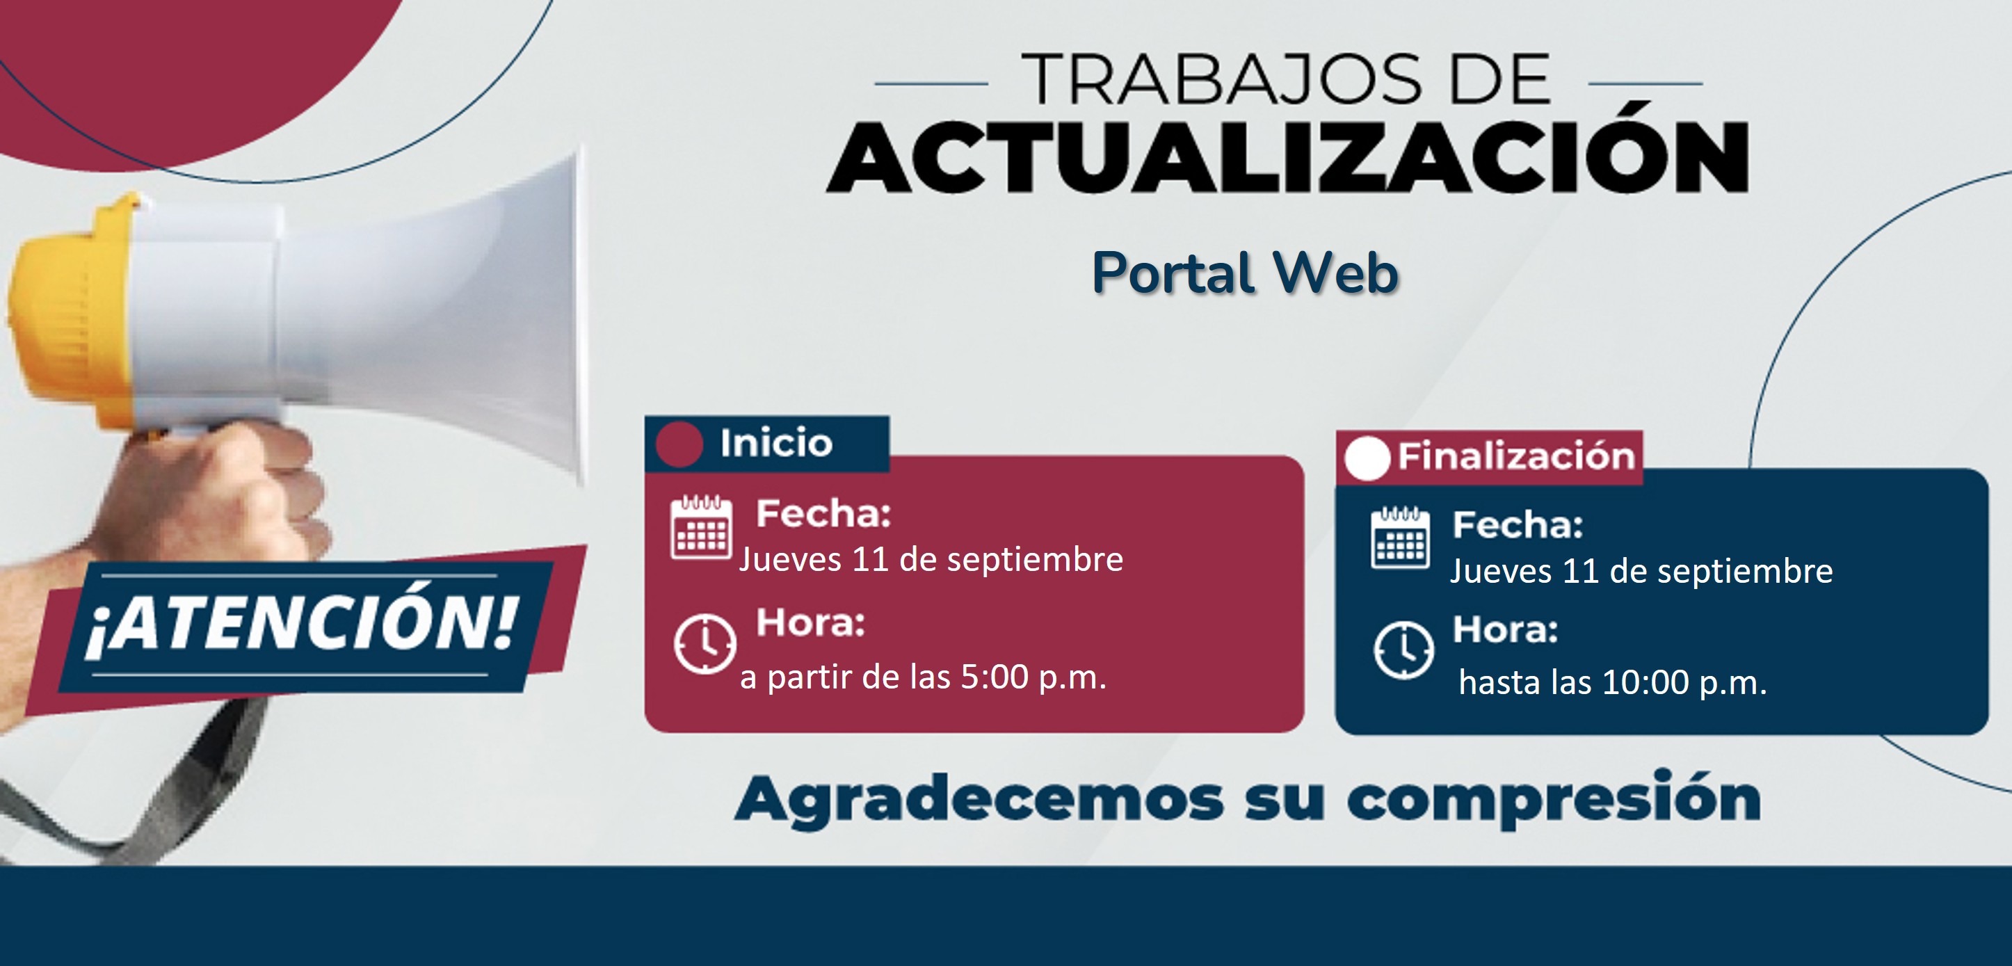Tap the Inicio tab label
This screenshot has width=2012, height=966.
(776, 443)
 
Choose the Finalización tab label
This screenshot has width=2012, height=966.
(1516, 456)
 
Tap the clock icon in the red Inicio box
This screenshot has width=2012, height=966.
(705, 643)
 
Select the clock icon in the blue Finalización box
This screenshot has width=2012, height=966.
(1403, 650)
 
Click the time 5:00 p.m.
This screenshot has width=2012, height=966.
(1033, 677)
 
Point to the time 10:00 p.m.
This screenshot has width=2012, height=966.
(1684, 682)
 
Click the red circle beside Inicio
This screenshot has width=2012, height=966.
(679, 444)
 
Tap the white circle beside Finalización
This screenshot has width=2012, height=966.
(1367, 458)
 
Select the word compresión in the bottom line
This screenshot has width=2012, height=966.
(1554, 798)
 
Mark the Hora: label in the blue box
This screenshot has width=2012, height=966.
(1505, 629)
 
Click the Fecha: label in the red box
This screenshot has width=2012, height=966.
(823, 514)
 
